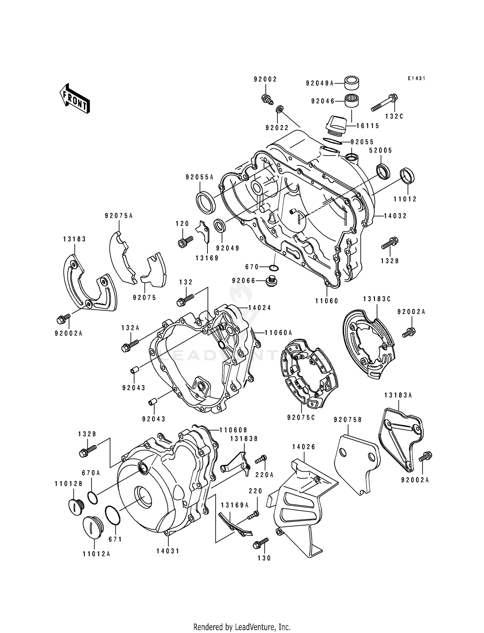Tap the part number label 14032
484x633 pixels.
pyautogui.click(x=395, y=216)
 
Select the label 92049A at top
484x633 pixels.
pyautogui.click(x=319, y=83)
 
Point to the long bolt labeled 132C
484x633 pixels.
pyautogui.click(x=384, y=103)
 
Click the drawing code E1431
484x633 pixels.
pyautogui.click(x=417, y=78)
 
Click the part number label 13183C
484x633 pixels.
pyautogui.click(x=377, y=299)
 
